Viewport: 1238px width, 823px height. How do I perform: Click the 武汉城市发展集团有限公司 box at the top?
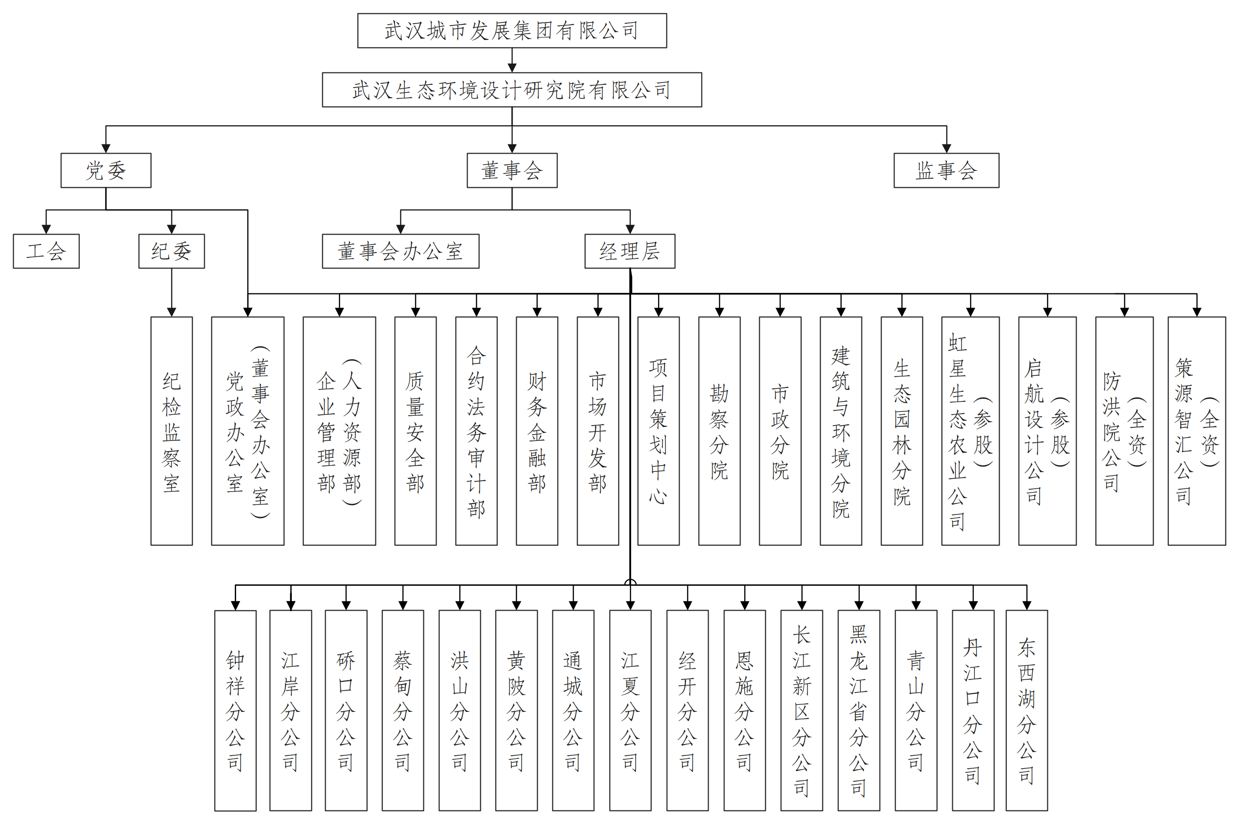tap(512, 31)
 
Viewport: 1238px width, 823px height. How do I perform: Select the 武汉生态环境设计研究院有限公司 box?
tap(512, 90)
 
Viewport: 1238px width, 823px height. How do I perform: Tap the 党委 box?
tap(105, 170)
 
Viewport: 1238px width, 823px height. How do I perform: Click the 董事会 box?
tap(512, 170)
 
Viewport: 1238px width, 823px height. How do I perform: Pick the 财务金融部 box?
tap(536, 431)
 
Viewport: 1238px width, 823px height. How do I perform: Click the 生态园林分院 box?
tap(901, 431)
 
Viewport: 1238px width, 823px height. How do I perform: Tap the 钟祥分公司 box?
tap(235, 710)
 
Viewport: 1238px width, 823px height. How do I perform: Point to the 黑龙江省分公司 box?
tap(858, 710)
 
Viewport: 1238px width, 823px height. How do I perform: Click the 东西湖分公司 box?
tap(1026, 710)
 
